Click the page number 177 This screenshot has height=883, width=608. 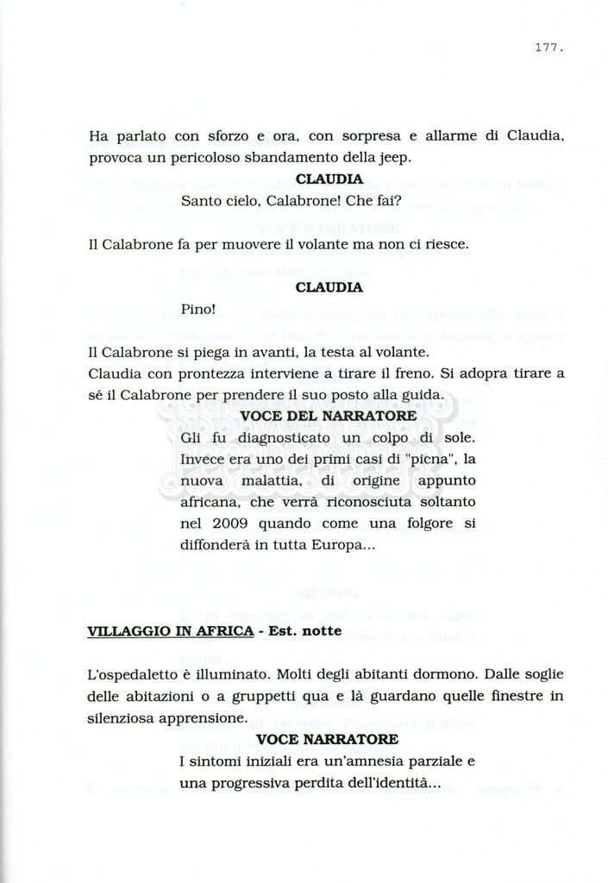coord(549,47)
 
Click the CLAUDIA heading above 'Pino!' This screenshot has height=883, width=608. coord(329,287)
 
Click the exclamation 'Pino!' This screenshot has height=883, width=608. coord(197,309)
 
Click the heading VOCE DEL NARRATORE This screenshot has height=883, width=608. coord(328,416)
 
